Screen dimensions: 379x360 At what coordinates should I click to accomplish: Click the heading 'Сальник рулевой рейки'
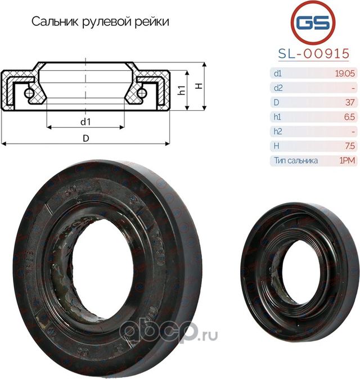coord(100,22)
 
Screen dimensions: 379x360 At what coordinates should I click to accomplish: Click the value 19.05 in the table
coord(344,73)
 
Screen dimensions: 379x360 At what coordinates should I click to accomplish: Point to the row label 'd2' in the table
coord(277,88)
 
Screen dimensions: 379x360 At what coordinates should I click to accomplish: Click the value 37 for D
coord(349,102)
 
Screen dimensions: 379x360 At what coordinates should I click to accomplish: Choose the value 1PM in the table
coord(346,160)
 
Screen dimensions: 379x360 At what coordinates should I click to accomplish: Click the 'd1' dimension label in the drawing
coord(85,121)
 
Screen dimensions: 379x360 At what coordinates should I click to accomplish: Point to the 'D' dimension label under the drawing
coord(85,137)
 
